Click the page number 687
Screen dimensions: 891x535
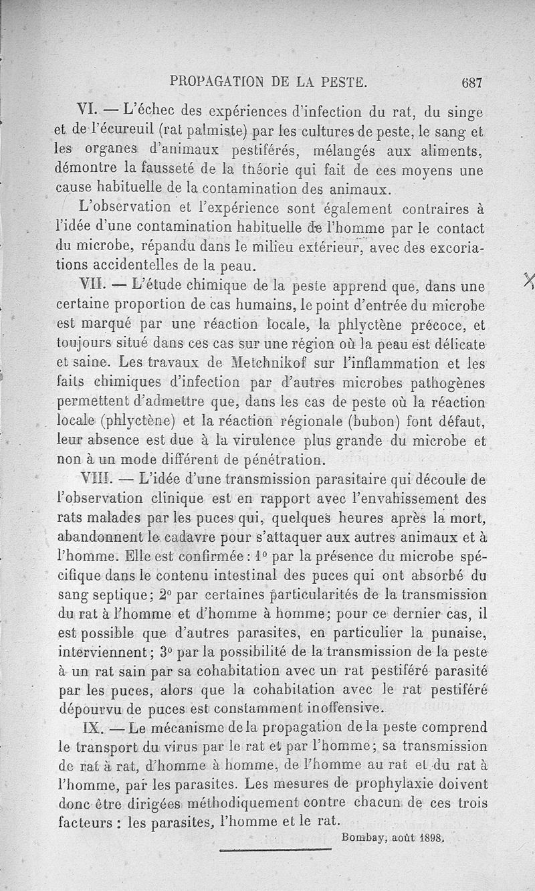tap(471, 83)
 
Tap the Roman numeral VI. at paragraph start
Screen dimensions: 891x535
tap(90, 110)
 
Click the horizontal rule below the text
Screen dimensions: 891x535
tap(276, 850)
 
